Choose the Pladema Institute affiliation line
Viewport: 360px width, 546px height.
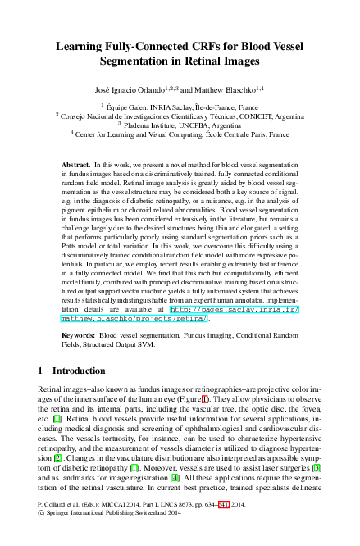click(180, 125)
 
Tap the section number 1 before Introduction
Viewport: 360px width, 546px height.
click(42, 371)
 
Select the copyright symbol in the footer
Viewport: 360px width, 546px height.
click(42, 530)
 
